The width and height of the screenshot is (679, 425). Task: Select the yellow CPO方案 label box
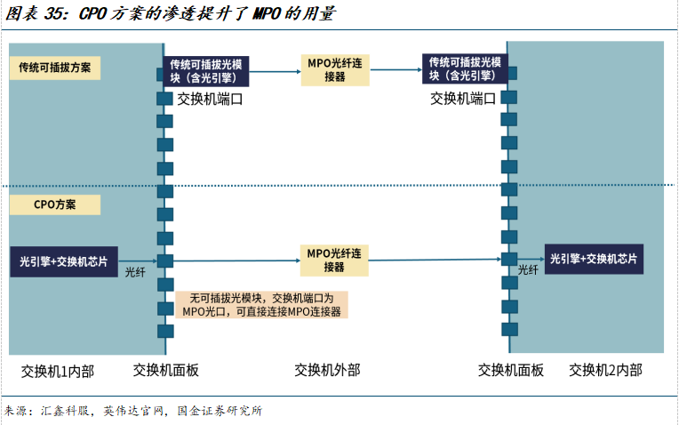click(55, 204)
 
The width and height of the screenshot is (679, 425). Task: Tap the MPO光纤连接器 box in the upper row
click(335, 68)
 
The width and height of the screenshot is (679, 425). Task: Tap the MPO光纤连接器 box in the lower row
click(334, 260)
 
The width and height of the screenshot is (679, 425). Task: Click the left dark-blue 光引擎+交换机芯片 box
click(65, 261)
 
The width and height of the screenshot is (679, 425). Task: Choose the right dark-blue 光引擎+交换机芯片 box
click(595, 259)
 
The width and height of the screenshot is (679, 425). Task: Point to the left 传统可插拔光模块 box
click(209, 69)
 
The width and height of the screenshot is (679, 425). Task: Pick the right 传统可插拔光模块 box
click(465, 69)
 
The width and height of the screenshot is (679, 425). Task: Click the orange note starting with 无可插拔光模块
click(262, 305)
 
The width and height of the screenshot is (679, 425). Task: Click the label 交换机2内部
click(605, 371)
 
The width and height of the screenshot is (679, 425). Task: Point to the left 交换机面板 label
click(166, 371)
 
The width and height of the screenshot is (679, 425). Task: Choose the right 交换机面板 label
click(511, 371)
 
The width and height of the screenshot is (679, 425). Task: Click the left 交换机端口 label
click(210, 99)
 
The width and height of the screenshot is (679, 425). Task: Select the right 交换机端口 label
click(463, 99)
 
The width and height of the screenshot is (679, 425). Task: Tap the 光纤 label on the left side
click(134, 272)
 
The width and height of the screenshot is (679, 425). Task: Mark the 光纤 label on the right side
click(528, 270)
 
